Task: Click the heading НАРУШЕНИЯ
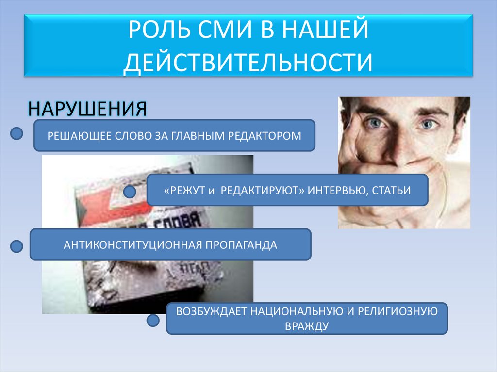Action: (87, 108)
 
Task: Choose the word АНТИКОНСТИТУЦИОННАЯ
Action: (133, 245)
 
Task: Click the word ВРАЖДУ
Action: (307, 326)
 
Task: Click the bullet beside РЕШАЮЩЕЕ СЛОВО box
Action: (17, 133)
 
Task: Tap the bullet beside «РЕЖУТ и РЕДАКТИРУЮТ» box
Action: (129, 192)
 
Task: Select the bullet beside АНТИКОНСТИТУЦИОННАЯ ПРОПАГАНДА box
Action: (17, 246)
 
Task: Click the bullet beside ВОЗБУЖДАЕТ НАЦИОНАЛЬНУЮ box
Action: (153, 320)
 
